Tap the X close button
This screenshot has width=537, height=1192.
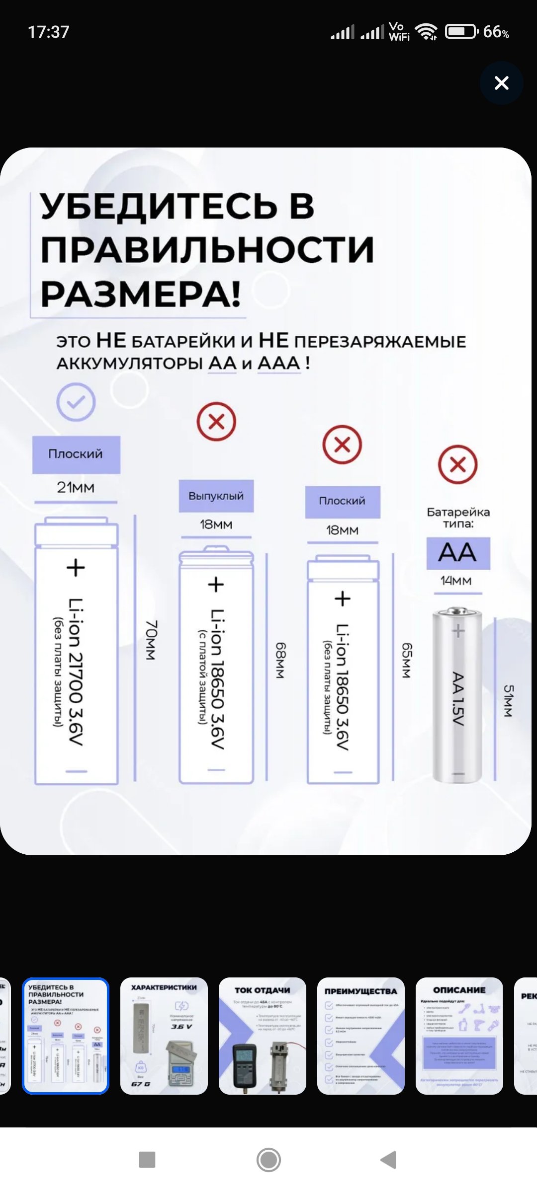click(x=501, y=83)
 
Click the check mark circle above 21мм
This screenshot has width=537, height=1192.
click(x=76, y=402)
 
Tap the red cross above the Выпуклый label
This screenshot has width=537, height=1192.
click(x=216, y=422)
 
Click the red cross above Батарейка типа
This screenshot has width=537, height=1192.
click(x=457, y=464)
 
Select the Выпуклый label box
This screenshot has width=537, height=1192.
click(x=216, y=496)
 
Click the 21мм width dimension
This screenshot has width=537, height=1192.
click(x=76, y=487)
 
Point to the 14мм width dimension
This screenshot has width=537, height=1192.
click(x=456, y=580)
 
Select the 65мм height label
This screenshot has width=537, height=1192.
click(x=407, y=661)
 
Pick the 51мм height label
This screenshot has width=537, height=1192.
click(x=508, y=701)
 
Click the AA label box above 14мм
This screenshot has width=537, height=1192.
click(x=458, y=553)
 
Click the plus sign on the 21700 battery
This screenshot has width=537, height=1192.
click(x=76, y=567)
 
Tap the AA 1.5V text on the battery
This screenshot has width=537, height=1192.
click(x=458, y=698)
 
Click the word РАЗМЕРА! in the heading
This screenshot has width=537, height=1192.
click(x=140, y=294)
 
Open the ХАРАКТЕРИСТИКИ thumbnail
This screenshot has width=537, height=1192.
click(x=164, y=1036)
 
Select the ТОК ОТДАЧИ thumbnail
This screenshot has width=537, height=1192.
click(x=263, y=1036)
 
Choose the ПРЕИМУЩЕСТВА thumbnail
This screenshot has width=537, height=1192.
click(x=361, y=1036)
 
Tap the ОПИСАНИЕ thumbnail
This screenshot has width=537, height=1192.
click(x=459, y=1036)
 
